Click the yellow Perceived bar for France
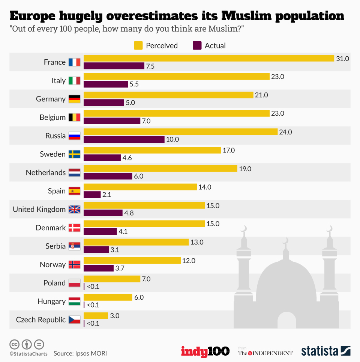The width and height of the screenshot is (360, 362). coord(208,58)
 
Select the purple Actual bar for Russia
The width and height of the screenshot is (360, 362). coord(124,139)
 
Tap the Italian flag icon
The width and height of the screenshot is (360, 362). coord(74,81)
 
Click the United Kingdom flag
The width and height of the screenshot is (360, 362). coord(74,210)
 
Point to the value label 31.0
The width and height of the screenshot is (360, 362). coord(342,59)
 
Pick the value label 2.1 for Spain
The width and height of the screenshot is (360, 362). coord(107,195)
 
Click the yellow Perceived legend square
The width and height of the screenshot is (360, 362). coord(138,46)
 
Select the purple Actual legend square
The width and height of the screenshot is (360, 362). coord(197,46)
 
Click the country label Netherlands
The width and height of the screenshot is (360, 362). coord(45,173)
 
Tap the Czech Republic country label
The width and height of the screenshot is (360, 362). coord(40,320)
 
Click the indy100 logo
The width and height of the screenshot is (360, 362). coord(205,351)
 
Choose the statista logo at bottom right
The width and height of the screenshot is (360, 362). coord(325,351)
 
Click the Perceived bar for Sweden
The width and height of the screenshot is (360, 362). coord(152,150)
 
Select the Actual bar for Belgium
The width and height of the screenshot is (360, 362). coord(112,121)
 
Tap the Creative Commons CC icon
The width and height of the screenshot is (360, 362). coord(14,344)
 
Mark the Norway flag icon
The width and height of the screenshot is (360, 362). coord(74,265)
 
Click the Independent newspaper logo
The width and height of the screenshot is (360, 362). coord(265,353)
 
